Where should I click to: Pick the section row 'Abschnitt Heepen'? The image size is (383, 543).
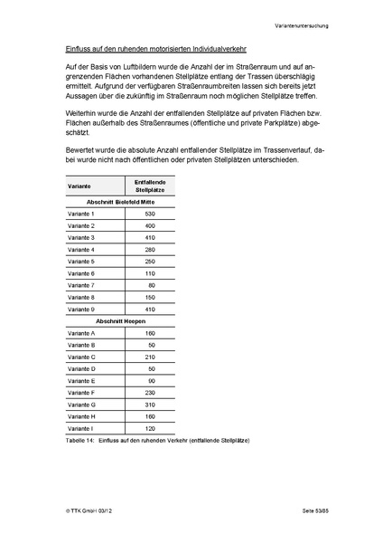coord(121,321)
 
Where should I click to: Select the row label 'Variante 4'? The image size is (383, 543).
coord(81,249)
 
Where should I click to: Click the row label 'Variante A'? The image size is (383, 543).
coord(81,333)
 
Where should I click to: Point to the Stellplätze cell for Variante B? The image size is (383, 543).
coord(152,346)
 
